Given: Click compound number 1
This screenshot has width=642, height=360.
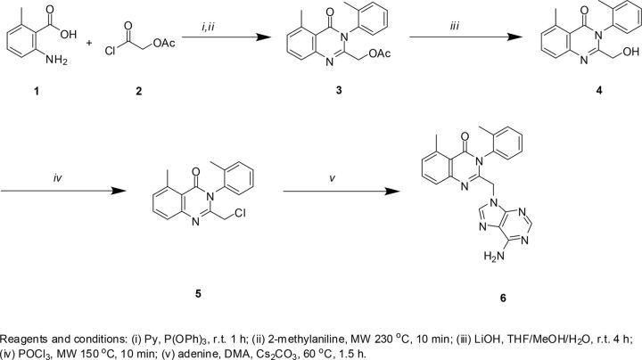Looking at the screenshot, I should click(42, 101).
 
